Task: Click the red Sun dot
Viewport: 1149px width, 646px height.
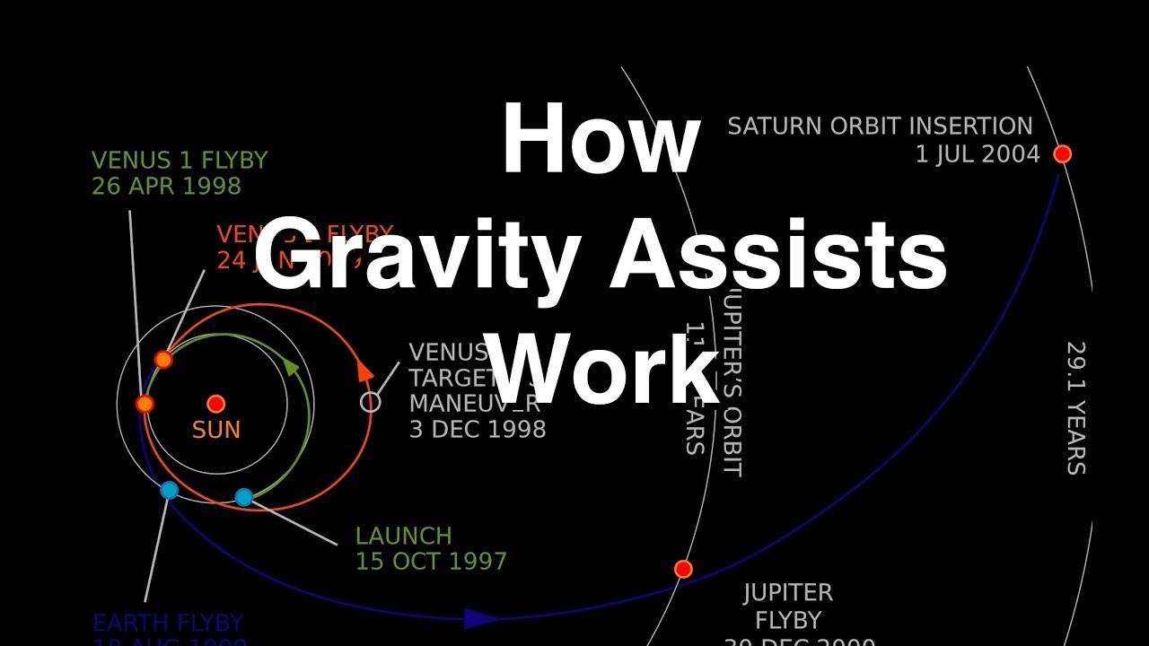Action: tap(215, 404)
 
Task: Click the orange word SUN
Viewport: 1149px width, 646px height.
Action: tap(216, 430)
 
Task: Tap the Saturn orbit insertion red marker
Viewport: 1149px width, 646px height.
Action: tap(1062, 153)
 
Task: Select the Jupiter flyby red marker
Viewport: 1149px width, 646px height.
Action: tap(683, 569)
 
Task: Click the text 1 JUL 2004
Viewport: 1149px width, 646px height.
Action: tap(977, 154)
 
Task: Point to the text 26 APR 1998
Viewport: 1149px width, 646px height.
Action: tap(166, 187)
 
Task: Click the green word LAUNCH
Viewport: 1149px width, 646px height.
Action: tap(403, 537)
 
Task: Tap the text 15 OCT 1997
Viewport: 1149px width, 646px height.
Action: tap(431, 563)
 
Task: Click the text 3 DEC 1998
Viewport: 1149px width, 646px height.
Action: tap(478, 429)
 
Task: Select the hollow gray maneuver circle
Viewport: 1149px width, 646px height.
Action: tap(370, 403)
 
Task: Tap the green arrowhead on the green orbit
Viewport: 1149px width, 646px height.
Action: tap(291, 366)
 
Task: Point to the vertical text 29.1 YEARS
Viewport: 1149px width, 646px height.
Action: tap(1075, 407)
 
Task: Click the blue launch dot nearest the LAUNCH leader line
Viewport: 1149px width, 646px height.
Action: tap(243, 496)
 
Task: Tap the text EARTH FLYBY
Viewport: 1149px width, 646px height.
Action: tap(168, 623)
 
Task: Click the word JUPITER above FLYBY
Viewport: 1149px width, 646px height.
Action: tap(788, 593)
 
